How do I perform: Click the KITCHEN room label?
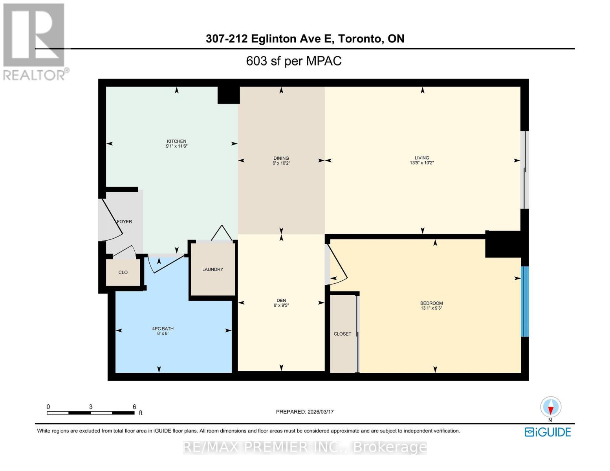176,141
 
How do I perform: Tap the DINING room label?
281,158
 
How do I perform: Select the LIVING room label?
422,158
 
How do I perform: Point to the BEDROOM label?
431,303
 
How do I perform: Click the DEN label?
281,300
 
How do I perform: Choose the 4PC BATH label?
163,329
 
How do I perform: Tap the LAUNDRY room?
212,270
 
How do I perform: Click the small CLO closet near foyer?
123,272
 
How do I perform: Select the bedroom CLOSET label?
342,334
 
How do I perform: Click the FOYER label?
125,222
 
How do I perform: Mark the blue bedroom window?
525,301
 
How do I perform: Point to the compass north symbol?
551,407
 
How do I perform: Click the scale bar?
91,413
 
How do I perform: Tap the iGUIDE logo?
548,432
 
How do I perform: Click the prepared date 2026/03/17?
304,412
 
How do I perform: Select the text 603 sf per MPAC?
293,61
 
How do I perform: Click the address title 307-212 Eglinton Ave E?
305,38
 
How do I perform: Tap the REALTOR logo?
35,42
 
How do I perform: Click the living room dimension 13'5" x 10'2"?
422,163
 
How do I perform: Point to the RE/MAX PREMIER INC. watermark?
305,447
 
